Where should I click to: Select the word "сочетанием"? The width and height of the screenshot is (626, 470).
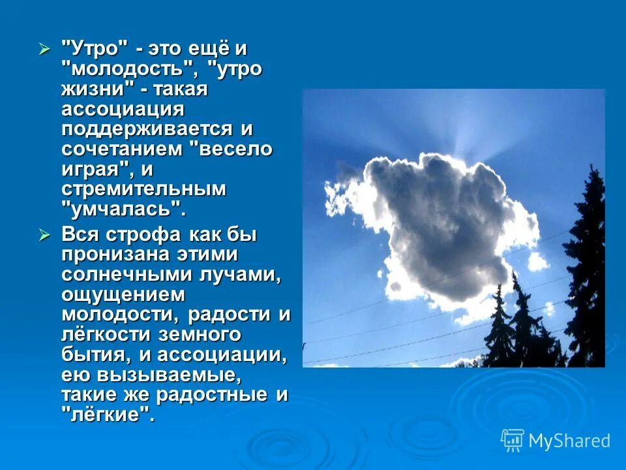coord(122,149)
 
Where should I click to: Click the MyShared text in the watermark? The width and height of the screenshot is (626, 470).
coord(569,441)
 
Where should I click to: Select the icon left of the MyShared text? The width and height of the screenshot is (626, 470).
coord(513,441)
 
